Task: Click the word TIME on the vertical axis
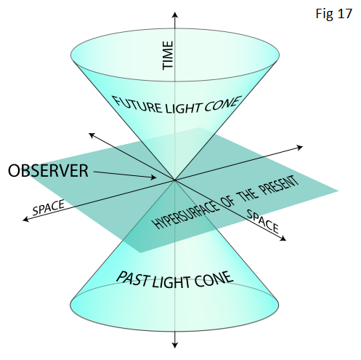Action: (168, 55)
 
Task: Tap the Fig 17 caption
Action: (333, 14)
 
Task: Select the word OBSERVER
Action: (48, 171)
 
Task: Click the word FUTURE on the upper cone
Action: (137, 105)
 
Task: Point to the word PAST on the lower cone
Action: (132, 279)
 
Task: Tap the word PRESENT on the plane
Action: (280, 185)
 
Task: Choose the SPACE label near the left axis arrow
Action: (49, 207)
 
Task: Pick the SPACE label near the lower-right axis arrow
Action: (262, 221)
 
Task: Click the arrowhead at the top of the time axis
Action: (175, 15)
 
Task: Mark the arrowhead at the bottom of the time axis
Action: (175, 345)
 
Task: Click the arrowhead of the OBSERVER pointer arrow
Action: (153, 177)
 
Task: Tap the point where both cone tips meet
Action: (174, 180)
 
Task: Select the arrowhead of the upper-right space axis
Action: (300, 147)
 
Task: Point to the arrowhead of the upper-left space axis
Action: (92, 135)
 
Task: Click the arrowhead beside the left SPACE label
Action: (25, 220)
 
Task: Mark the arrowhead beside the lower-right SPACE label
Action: (283, 239)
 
